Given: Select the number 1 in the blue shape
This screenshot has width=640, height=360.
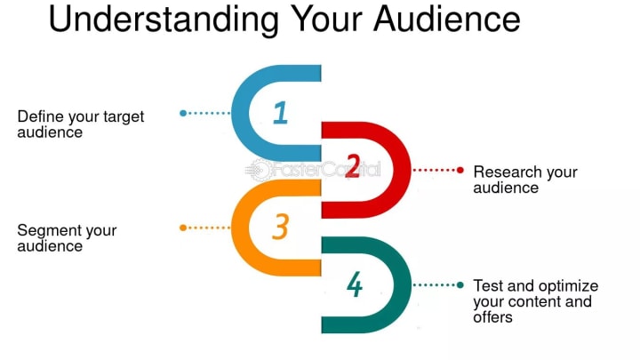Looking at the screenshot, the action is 281,113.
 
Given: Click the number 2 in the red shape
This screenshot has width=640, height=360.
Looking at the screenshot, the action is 352,166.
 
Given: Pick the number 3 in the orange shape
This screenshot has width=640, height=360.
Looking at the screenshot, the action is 281,228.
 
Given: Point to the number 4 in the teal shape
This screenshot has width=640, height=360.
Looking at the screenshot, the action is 355,285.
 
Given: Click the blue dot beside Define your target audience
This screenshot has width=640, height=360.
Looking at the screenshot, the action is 183,113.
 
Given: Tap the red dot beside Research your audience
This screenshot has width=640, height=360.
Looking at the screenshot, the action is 460,169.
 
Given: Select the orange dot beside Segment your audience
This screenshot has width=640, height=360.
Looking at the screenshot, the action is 183,228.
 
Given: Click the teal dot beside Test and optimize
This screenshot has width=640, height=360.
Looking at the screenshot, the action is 460,285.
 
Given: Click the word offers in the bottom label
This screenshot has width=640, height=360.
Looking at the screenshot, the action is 492,316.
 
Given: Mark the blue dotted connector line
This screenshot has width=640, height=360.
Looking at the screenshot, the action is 209,113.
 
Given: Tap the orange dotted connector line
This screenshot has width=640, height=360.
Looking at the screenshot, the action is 209,228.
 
